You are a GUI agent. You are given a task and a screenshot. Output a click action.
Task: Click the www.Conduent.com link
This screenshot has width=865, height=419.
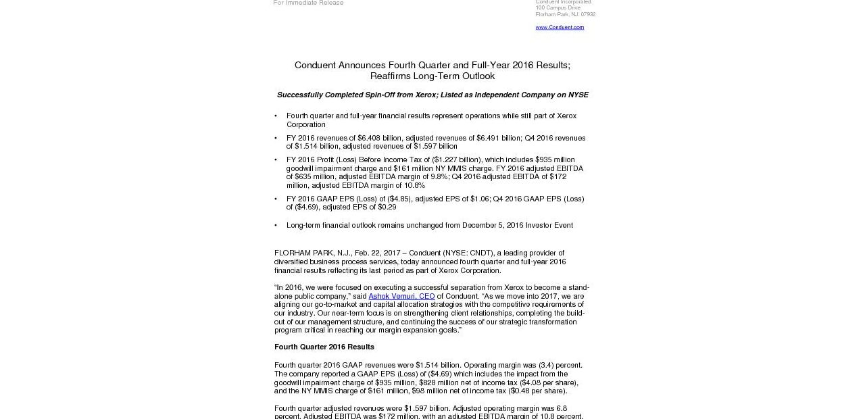pos(560,28)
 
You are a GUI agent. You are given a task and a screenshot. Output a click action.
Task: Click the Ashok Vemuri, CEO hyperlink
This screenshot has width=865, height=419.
pos(401,296)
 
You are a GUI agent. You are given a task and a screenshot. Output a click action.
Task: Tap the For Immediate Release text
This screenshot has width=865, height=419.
pos(308,3)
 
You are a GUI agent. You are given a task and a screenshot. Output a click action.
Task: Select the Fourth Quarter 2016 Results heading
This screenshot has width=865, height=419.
pos(324,347)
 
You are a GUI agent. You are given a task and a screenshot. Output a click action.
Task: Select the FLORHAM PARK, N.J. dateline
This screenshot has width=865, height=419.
pos(312,253)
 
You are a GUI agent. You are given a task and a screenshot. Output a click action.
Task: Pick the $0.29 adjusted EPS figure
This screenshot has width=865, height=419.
pos(387,207)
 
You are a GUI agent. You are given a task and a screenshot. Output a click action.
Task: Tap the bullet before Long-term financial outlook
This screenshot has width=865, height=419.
pos(276,226)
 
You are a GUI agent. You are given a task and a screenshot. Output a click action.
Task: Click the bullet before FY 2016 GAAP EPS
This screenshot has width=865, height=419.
pos(276,199)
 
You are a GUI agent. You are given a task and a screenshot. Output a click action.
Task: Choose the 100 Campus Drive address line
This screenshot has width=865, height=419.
pos(558,8)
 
